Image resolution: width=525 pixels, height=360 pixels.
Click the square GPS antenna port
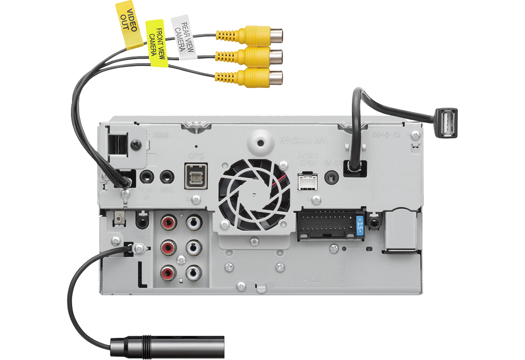(x=195, y=176)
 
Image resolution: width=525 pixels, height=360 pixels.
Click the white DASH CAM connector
(x=307, y=181)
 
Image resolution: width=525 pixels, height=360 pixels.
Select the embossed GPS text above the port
(x=196, y=156)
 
